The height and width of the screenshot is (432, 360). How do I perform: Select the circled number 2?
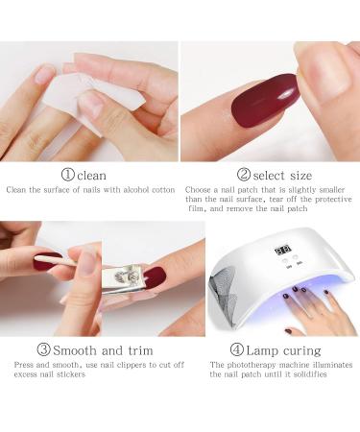(x=244, y=175)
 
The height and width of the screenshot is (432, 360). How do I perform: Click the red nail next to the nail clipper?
(x=154, y=279)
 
